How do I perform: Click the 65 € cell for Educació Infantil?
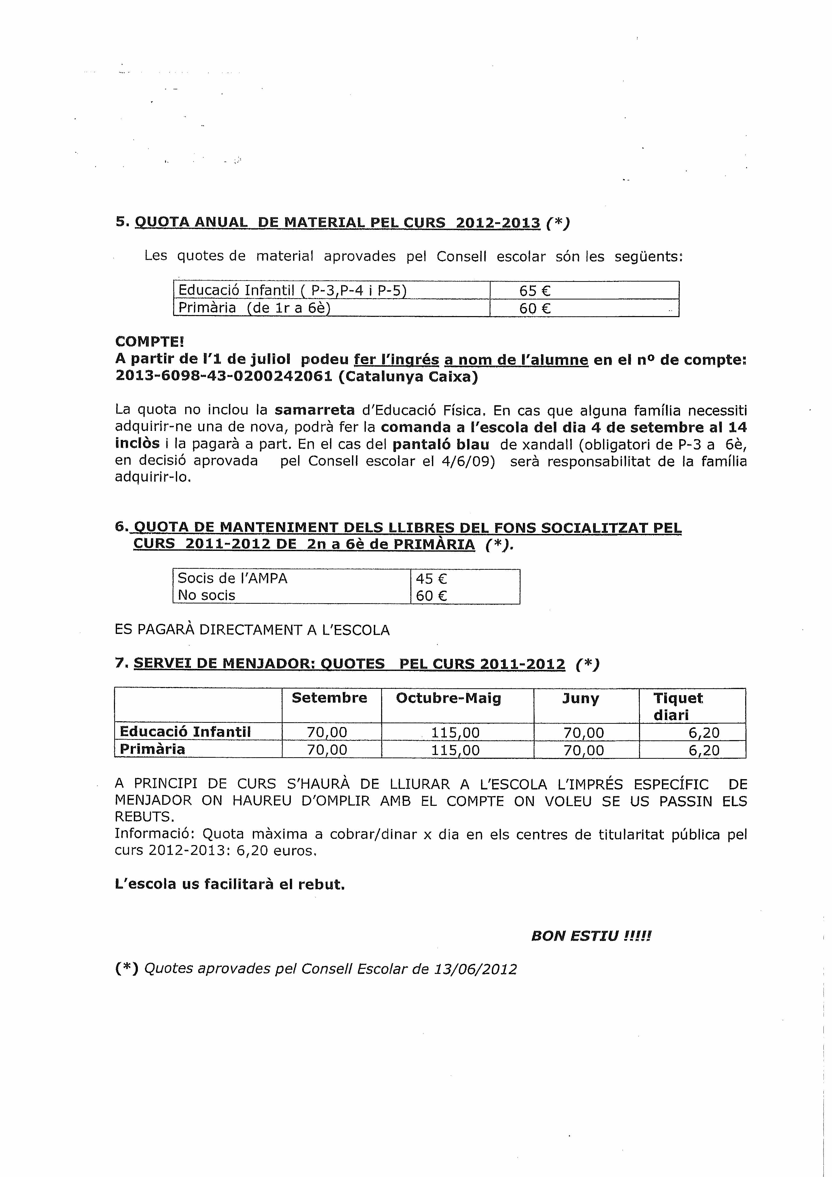[x=535, y=291]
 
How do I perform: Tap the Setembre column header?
[x=329, y=698]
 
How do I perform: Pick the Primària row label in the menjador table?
[x=152, y=749]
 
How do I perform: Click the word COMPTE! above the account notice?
[x=149, y=341]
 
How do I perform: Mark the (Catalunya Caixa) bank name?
[x=408, y=376]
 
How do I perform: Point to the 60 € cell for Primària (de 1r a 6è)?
[x=535, y=308]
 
